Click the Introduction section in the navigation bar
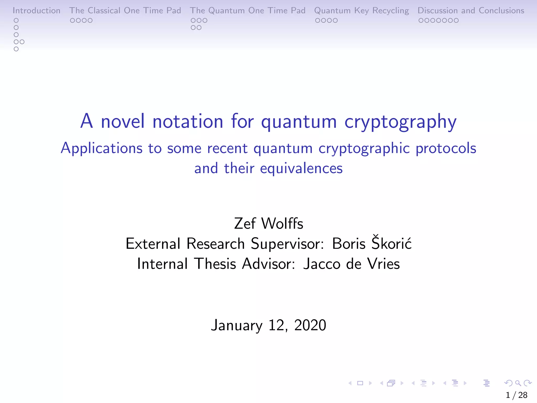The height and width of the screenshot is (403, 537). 36,10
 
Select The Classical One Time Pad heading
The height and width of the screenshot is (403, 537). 125,10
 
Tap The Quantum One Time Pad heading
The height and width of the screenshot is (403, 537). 248,10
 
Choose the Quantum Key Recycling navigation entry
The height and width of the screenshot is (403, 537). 361,10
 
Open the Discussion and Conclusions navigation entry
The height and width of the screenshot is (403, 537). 471,10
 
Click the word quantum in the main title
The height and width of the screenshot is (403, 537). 299,122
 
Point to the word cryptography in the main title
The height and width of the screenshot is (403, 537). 400,122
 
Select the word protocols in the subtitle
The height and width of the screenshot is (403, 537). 446,148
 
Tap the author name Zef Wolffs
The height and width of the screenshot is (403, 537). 268,224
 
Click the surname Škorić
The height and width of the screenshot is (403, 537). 391,243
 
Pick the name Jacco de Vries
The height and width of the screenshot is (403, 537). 351,264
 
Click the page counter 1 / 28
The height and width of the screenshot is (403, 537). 516,395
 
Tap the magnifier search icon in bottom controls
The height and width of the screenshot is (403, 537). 518,383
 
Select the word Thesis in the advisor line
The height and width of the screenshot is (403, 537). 215,264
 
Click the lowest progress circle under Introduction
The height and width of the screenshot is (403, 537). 16,49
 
